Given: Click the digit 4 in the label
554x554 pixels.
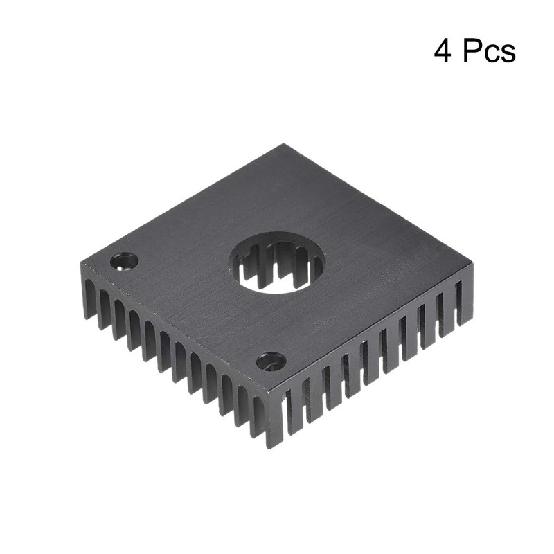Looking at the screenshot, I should tap(443, 52).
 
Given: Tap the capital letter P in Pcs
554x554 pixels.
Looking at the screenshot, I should tap(471, 52).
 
